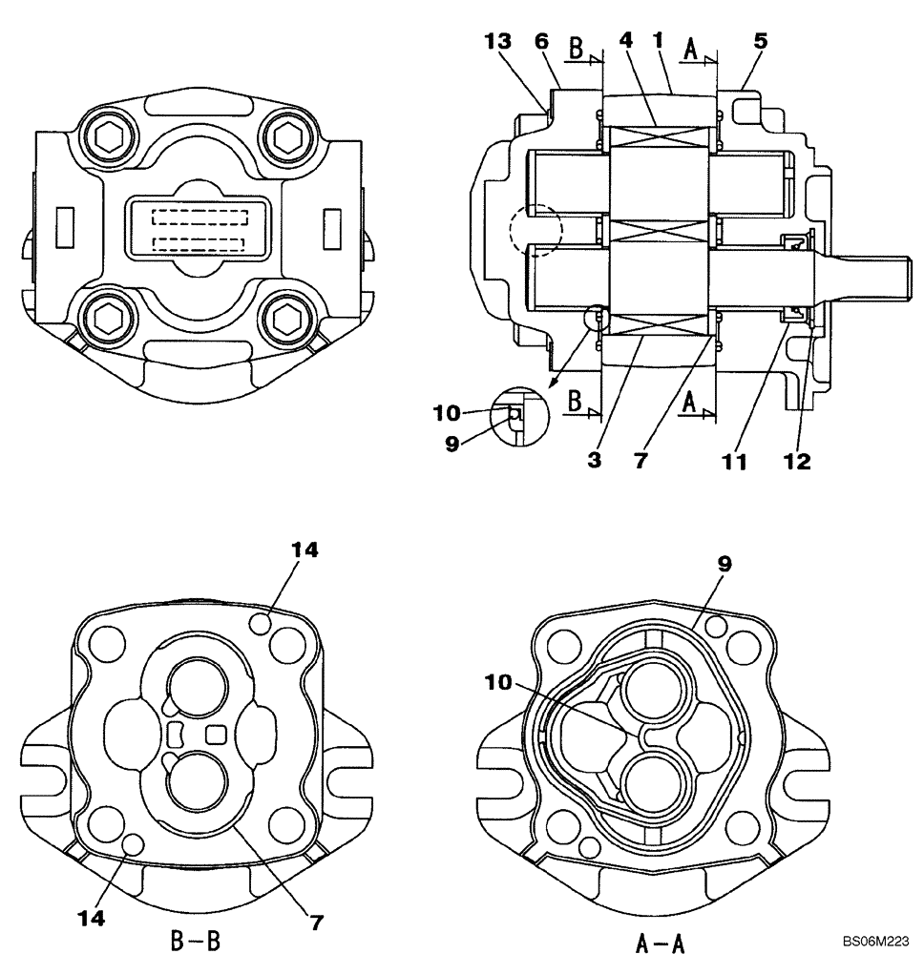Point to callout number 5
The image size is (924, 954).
click(760, 42)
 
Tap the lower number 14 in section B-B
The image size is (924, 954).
click(94, 918)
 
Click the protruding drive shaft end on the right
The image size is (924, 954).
click(869, 261)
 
